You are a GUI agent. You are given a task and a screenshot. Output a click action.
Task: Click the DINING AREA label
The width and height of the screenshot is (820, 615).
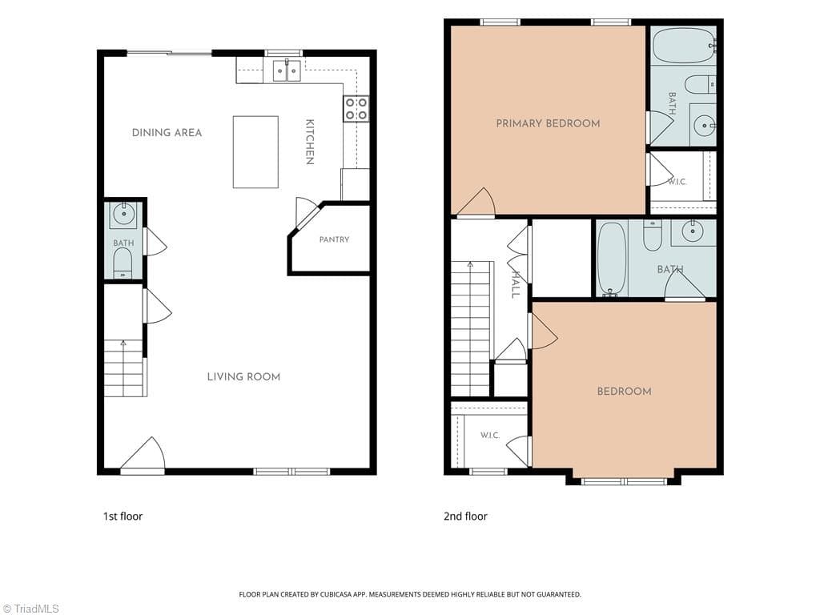click(167, 133)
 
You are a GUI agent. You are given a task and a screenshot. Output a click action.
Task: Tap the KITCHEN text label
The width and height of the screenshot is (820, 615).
click(310, 143)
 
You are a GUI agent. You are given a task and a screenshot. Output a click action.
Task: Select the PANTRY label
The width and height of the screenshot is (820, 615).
click(334, 239)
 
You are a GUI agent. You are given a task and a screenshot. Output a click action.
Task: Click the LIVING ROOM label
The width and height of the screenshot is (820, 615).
click(243, 376)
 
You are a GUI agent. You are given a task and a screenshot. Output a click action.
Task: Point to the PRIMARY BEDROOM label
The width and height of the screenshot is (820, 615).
click(548, 123)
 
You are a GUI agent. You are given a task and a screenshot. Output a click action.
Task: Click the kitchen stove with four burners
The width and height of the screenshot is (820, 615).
click(356, 109)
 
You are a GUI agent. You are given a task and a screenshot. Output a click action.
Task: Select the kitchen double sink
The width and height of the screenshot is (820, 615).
click(287, 70)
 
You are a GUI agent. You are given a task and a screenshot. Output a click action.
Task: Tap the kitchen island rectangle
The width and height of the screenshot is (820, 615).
click(255, 151)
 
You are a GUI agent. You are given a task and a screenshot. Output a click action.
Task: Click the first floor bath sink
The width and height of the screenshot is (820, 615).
click(123, 215)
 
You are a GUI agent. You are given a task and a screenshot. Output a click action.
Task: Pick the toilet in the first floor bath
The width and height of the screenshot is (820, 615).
click(123, 263)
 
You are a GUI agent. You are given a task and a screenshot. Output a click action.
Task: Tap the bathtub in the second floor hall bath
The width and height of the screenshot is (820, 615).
click(612, 259)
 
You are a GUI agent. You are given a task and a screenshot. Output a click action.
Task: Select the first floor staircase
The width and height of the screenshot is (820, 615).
click(123, 368)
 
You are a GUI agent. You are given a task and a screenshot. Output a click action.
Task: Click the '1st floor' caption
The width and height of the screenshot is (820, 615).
click(123, 517)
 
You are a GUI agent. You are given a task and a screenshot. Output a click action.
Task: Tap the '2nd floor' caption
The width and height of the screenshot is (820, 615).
click(465, 517)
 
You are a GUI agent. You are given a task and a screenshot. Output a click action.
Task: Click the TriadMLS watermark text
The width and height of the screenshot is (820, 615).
click(30, 609)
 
